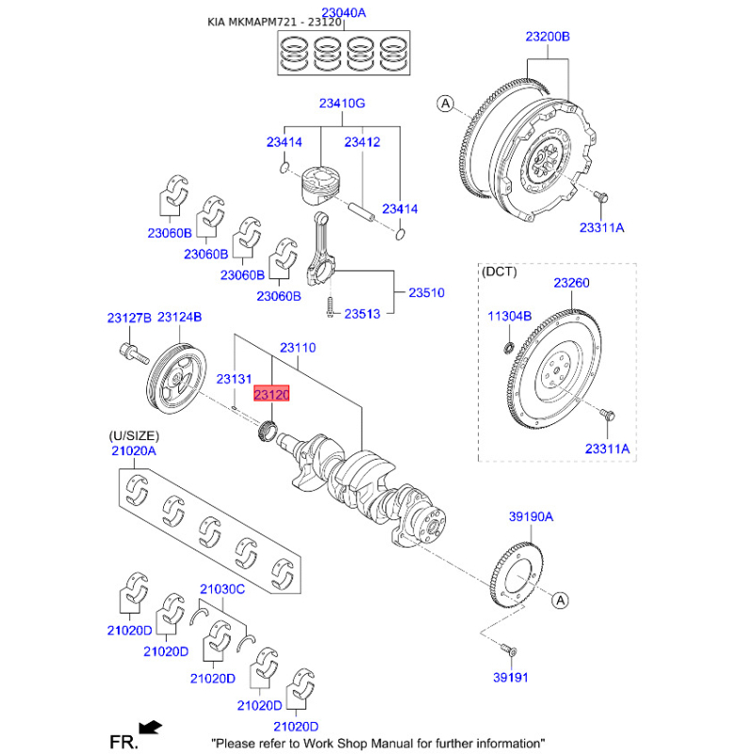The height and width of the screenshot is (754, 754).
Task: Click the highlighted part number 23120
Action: (271, 396)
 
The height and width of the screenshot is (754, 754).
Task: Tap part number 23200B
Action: (548, 37)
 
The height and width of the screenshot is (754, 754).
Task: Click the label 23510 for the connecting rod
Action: (426, 293)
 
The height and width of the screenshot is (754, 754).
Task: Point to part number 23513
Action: (362, 313)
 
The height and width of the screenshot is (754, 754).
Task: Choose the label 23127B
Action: (129, 319)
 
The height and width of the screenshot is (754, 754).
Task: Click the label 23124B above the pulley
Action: (180, 319)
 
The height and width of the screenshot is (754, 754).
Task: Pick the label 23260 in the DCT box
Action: (571, 283)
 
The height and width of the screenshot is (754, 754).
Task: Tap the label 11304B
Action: (510, 316)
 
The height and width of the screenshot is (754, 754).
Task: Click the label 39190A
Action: (531, 516)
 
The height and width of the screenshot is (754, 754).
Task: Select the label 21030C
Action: (221, 590)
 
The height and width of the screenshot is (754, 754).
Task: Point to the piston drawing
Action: (321, 188)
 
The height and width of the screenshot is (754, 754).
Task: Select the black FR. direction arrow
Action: (149, 727)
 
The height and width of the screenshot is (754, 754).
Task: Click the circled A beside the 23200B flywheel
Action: (446, 103)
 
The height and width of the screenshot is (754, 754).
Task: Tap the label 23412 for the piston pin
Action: (362, 142)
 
